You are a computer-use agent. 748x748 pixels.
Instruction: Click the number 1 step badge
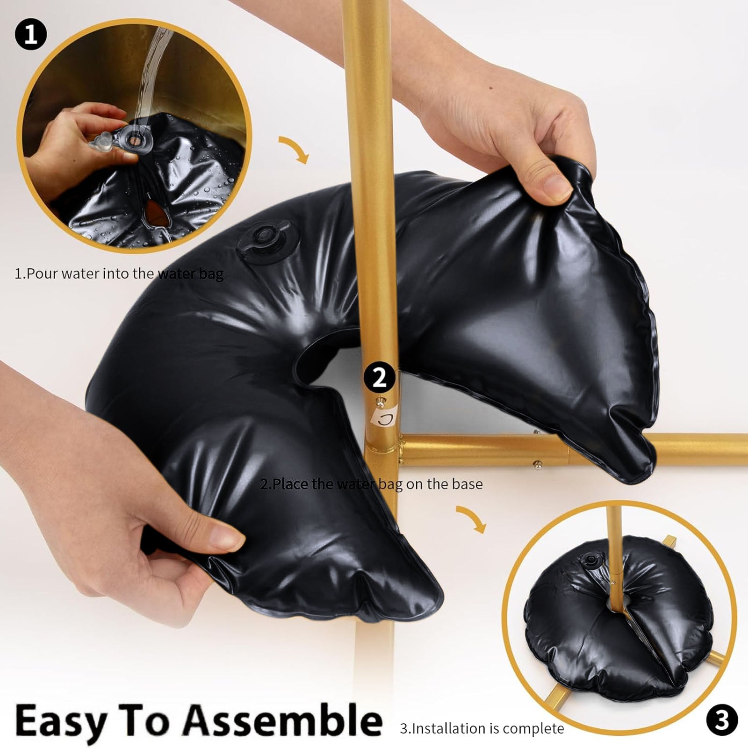click(x=31, y=34)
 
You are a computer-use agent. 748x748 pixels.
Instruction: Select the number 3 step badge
click(x=721, y=720)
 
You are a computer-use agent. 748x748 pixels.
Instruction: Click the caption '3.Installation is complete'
click(x=482, y=728)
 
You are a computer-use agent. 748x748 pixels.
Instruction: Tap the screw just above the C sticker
click(x=381, y=400)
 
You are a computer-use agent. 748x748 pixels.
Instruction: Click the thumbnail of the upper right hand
click(x=556, y=187)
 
